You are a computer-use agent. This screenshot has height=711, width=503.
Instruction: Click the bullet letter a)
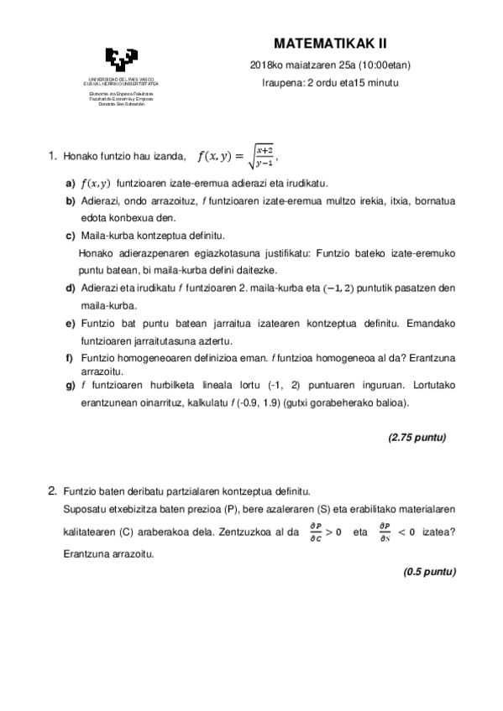pos(71,184)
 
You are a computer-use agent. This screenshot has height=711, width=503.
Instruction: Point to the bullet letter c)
pos(71,236)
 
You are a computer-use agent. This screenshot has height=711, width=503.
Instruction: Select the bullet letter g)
pos(71,385)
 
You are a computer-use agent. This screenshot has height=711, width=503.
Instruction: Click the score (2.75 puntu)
pos(417,438)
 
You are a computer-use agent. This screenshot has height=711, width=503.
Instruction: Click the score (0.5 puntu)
pos(429,572)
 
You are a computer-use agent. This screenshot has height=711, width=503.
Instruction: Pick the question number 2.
pos(52,490)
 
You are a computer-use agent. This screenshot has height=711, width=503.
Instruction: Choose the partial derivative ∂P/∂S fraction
pos(384,531)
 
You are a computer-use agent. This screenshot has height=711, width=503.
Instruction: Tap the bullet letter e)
pos(71,324)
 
